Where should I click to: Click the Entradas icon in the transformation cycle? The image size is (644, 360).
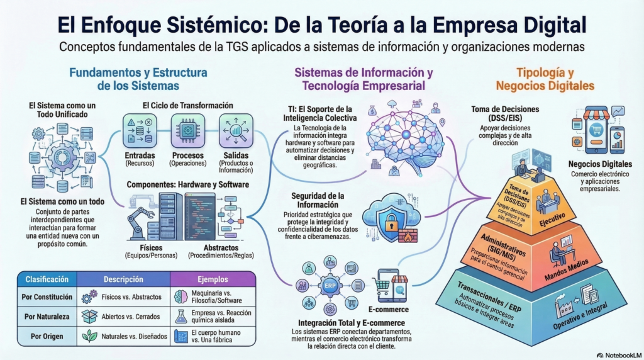pos(140,131)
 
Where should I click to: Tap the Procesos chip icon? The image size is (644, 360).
pos(187,131)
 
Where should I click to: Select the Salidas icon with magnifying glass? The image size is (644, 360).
pos(236,131)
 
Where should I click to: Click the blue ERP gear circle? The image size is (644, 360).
pos(330,285)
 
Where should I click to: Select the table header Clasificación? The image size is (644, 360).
pos(47,279)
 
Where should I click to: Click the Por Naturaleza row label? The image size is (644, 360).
pos(47,317)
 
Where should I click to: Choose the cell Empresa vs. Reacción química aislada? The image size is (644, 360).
pos(221,317)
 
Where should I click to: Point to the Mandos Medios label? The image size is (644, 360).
pos(567,269)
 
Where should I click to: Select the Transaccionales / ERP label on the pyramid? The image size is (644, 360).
pos(489,297)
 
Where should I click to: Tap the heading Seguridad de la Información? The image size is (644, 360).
pos(318,200)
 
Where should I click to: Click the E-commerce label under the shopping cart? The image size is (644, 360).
pos(388,310)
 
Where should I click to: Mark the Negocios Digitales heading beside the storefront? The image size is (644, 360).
pos(600,164)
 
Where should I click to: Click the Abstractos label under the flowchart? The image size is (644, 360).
pos(221,248)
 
